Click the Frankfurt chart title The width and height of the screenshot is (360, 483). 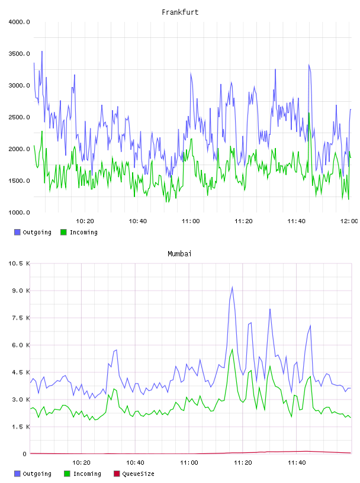pos(180,12)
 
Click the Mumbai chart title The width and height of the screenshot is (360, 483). pos(179,254)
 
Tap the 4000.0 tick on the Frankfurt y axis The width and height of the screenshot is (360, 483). pos(19,22)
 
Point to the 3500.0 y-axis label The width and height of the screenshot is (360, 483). pos(19,54)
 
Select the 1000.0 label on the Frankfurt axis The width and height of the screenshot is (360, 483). pos(19,212)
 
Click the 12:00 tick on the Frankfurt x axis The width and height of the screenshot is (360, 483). pos(349,221)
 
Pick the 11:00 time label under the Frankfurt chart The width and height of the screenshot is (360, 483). pos(191,221)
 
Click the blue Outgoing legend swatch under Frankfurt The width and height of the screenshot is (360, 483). pos(17,232)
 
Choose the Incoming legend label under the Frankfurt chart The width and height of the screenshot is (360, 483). pos(83,232)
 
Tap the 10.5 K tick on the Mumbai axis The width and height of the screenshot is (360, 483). pos(19,263)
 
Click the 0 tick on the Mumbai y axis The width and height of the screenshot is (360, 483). pos(25,454)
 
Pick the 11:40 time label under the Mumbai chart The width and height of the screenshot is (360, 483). pos(297,463)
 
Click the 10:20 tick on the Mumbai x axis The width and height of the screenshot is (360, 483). pos(81,463)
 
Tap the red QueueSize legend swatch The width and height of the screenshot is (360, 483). pos(117,474)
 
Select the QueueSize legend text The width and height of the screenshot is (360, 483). pos(138,474)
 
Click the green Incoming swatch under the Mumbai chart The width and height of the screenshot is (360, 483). pos(67,474)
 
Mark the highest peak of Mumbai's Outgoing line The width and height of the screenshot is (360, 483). pos(232,286)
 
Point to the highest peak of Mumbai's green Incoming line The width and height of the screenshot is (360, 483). pos(232,349)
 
